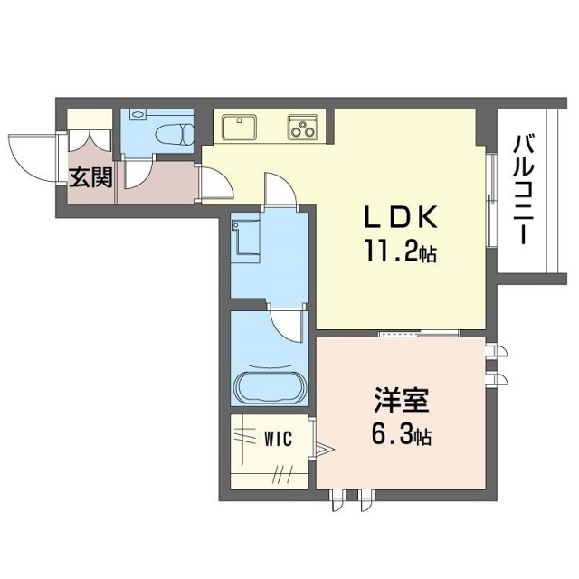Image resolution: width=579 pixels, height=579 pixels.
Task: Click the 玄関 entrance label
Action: [90, 177]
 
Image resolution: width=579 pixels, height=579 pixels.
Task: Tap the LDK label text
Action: [401, 216]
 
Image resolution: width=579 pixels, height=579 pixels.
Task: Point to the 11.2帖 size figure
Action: [400, 252]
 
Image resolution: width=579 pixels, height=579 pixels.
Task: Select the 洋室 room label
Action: [402, 400]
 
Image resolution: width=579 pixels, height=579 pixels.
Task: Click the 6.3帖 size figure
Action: [401, 436]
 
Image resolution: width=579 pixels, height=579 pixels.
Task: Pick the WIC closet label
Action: [279, 439]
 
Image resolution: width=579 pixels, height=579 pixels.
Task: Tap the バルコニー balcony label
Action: [525, 190]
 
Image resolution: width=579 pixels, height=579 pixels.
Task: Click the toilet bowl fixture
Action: [175, 134]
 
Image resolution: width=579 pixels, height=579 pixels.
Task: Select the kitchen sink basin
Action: [239, 127]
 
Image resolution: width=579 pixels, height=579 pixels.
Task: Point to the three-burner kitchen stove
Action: [303, 127]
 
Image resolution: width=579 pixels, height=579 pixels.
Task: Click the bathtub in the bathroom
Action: [270, 388]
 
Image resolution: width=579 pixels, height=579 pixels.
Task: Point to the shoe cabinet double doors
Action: [90, 141]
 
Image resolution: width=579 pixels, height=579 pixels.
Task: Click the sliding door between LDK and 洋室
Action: [420, 334]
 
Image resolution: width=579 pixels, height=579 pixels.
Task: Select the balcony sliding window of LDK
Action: [490, 200]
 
